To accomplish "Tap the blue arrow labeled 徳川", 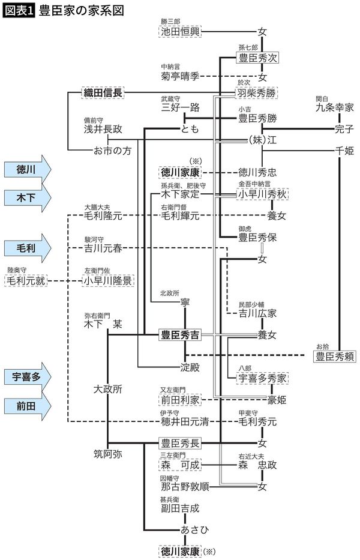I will [x=26, y=170].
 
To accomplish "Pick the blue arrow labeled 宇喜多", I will [x=26, y=377].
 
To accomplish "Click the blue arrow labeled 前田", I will [x=26, y=406].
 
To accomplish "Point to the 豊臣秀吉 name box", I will [x=179, y=334].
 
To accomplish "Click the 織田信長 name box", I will [x=102, y=93].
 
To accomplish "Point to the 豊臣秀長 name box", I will [x=179, y=443].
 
